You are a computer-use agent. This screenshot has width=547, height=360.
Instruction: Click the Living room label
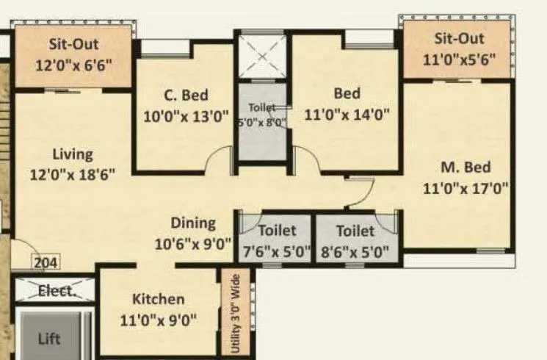click(x=73, y=154)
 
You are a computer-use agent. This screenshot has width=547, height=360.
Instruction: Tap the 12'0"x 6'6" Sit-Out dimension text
click(x=73, y=64)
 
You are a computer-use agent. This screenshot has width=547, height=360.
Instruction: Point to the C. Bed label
click(x=186, y=95)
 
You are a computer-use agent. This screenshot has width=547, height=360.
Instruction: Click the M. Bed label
click(x=466, y=167)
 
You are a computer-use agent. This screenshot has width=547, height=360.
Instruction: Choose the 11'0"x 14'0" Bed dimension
click(x=347, y=114)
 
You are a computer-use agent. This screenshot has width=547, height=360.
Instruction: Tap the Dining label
click(x=193, y=223)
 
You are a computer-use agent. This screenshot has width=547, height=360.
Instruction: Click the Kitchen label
click(x=158, y=299)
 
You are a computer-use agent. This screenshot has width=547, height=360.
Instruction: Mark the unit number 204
click(x=46, y=262)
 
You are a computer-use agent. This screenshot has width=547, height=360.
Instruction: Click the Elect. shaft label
click(x=55, y=290)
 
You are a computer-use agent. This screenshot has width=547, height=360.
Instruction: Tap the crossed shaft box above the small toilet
click(x=262, y=56)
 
